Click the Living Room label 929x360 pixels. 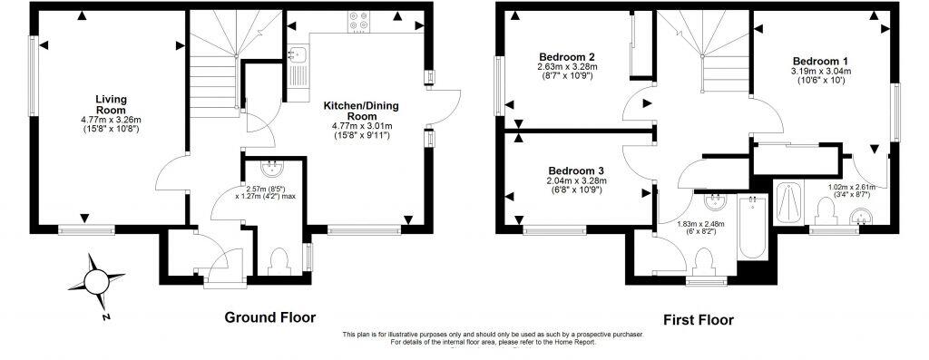point(110,104)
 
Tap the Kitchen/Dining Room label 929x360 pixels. point(361,111)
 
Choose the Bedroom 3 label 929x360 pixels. point(576,170)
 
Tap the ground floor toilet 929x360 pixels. point(279,261)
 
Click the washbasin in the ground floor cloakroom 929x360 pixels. point(271,169)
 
